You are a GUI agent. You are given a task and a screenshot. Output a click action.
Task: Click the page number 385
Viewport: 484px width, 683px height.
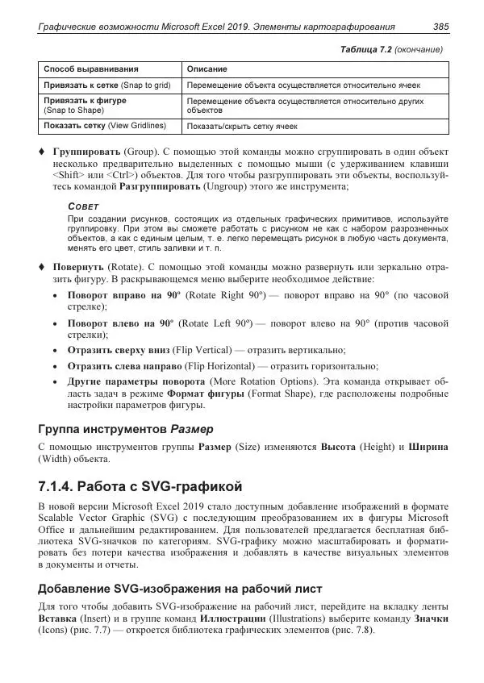click(x=440, y=27)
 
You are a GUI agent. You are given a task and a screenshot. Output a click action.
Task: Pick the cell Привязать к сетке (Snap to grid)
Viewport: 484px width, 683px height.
click(x=106, y=85)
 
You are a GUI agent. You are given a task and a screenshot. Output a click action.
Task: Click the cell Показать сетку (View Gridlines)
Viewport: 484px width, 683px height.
click(x=104, y=126)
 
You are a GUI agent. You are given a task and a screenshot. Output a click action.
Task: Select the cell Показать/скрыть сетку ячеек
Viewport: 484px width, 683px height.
click(x=241, y=127)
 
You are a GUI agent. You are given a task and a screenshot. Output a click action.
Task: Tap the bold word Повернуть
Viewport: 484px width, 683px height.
click(x=78, y=265)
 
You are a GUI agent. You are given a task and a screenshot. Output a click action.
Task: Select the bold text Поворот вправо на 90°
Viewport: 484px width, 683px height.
click(x=112, y=296)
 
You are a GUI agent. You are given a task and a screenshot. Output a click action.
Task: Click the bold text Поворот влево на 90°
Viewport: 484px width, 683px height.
click(x=110, y=323)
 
